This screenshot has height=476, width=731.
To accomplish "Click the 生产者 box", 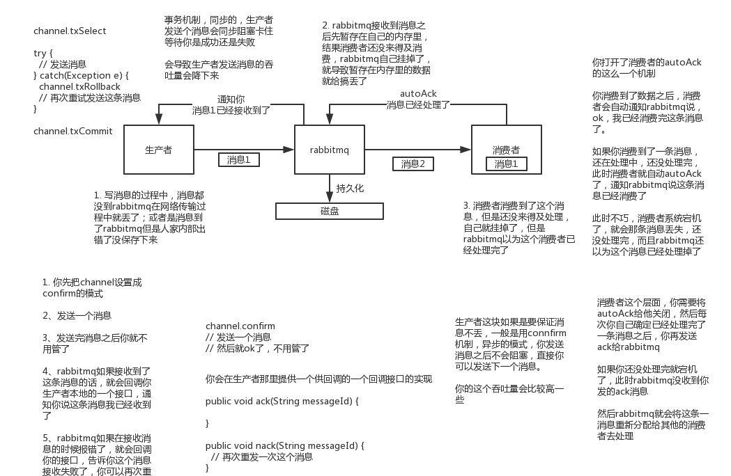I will click(158, 150).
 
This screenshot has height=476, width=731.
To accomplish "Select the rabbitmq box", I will click(330, 150).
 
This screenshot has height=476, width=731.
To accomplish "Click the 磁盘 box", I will click(330, 211).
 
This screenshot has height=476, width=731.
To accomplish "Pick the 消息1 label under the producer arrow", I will click(238, 160).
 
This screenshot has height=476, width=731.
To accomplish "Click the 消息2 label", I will click(413, 164).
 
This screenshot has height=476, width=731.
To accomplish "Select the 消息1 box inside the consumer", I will click(506, 164).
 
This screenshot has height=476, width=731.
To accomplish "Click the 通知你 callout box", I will click(231, 104).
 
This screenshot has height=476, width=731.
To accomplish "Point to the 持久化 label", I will click(350, 189).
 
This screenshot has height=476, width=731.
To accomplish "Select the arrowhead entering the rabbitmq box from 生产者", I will click(289, 150).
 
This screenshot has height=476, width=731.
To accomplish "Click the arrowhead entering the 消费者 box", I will click(466, 150).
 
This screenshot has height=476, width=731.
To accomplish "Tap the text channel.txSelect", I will click(70, 32).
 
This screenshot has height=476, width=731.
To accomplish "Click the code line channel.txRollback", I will click(79, 87).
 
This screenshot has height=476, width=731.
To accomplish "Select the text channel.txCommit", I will click(72, 131).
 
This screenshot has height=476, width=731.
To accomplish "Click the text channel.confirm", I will click(240, 326).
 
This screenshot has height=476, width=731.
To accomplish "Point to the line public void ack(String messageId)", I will click(282, 402).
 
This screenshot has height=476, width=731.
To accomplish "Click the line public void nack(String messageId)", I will click(285, 445).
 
